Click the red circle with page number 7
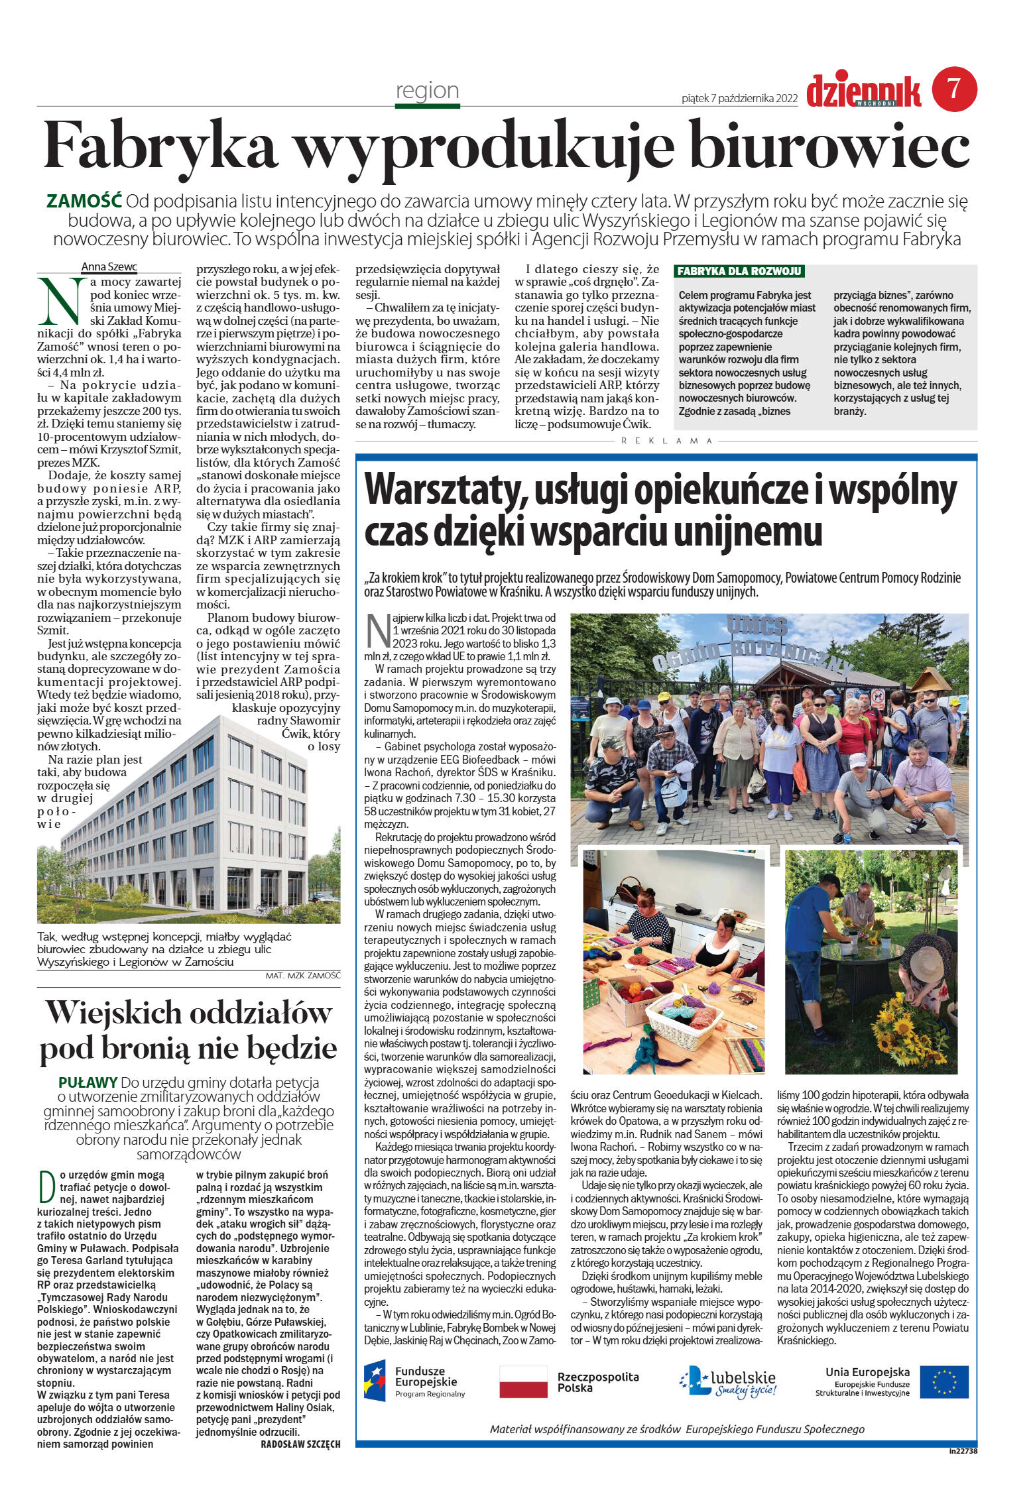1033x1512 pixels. pos(955,89)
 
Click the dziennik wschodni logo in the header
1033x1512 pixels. pos(863,92)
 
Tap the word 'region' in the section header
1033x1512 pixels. pos(427,89)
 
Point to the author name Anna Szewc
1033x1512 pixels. pos(109,267)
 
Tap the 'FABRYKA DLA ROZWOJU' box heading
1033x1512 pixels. pos(739,272)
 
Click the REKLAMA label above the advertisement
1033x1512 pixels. pos(667,441)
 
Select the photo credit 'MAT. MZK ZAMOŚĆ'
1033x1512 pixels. pos(302,976)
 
